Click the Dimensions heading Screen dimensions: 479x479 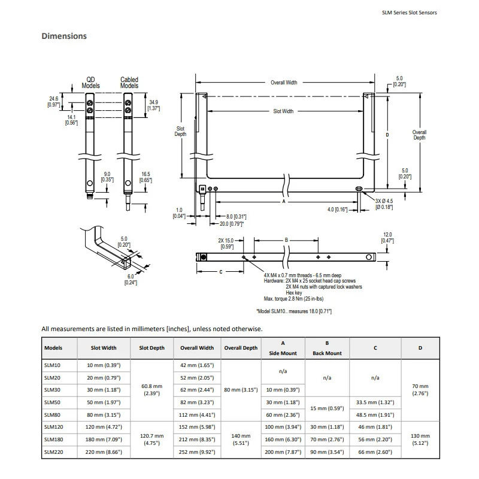pos(64,36)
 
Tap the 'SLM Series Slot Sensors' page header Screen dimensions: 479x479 pos(410,13)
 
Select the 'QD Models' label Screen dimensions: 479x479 pos(91,83)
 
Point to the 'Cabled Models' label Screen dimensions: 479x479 pos(129,83)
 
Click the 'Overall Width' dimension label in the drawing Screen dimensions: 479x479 pos(284,83)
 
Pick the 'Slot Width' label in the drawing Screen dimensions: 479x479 pos(283,111)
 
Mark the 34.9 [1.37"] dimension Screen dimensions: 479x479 pos(154,105)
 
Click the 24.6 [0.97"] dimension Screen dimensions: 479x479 pos(54,102)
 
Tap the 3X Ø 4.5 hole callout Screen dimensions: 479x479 pos(384,204)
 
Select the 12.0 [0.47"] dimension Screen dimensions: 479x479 pos(387,238)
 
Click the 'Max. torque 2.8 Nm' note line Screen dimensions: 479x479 pos(293,298)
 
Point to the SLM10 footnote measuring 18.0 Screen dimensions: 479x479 pos(294,311)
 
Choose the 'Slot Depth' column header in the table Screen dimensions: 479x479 pos(152,348)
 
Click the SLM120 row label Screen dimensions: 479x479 pos(53,427)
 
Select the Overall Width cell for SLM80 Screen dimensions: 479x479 pos(197,415)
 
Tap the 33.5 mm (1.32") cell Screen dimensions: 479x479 pos(375,402)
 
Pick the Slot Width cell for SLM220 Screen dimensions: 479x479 pos(104,452)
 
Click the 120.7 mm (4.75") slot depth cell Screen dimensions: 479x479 pos(152,439)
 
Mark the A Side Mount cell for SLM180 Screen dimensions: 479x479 pos(283,439)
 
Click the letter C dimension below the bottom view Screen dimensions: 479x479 pos(221,272)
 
